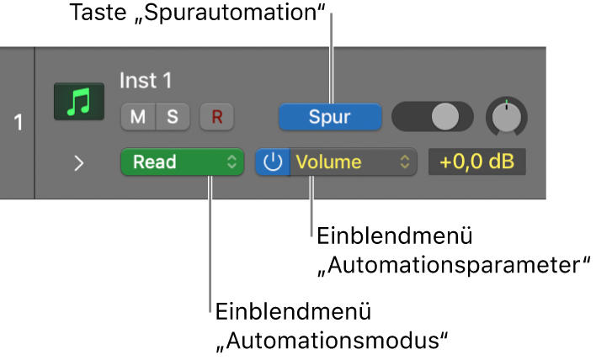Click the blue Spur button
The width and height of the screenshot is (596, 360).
[330, 118]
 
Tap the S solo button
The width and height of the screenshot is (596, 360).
[173, 118]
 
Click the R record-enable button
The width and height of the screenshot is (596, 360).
[216, 118]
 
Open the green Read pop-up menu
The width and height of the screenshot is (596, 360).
[182, 162]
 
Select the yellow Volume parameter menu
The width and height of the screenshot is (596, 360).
[353, 162]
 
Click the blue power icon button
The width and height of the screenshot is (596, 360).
[272, 162]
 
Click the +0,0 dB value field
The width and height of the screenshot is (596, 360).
[476, 162]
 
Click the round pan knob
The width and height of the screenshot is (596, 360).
[506, 118]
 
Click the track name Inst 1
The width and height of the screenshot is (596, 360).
[145, 81]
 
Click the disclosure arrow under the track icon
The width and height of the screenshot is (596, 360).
[78, 163]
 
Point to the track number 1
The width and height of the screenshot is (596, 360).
[17, 123]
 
